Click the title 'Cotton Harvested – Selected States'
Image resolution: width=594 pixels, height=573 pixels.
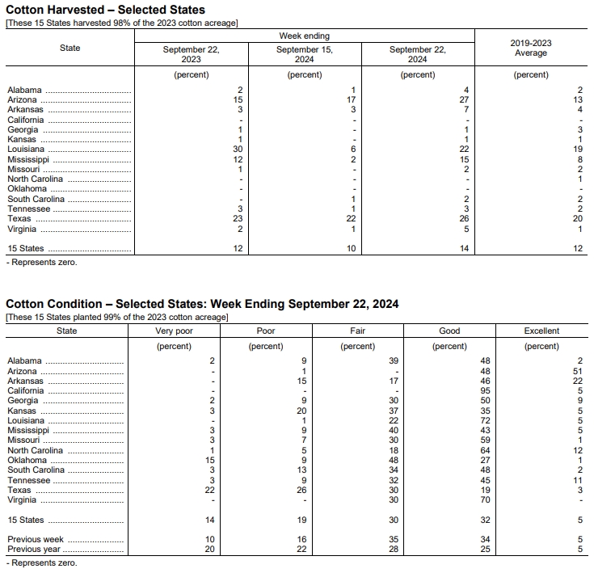[105, 10]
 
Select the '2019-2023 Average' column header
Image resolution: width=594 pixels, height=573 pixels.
[531, 48]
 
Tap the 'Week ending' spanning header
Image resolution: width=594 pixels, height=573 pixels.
[304, 36]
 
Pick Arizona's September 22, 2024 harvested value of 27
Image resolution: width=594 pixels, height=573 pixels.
[464, 99]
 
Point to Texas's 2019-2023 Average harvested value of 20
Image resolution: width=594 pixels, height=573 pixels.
[577, 219]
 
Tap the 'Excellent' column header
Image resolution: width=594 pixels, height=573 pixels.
[541, 331]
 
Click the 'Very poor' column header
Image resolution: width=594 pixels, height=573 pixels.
[174, 331]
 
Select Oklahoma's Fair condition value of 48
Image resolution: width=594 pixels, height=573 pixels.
[394, 461]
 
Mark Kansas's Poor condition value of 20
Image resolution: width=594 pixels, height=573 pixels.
[302, 411]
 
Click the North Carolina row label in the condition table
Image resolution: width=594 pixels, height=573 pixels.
[35, 451]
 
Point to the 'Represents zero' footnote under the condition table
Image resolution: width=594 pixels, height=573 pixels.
[42, 563]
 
